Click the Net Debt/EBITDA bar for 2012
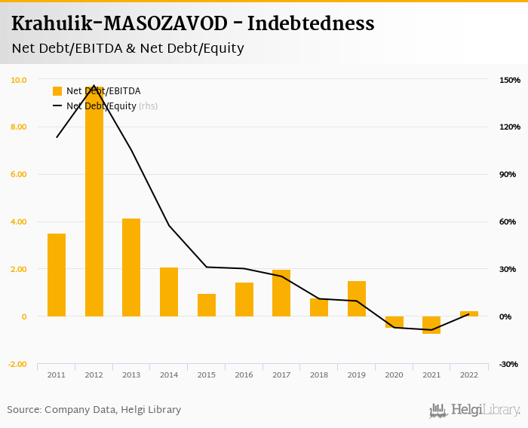[x=94, y=203]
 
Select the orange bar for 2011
[x=57, y=275]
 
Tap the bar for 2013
[x=131, y=267]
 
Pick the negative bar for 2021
[x=431, y=325]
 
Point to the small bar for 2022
[x=469, y=313]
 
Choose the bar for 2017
[x=281, y=293]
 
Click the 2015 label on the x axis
[x=207, y=374]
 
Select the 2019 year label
[x=357, y=374]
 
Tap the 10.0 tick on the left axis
[x=19, y=80]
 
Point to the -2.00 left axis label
[x=17, y=364]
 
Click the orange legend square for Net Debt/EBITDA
[x=57, y=91]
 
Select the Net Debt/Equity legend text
[x=101, y=106]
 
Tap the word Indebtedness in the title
[x=311, y=24]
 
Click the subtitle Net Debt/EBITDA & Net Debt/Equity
[x=127, y=48]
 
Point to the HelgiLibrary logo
[x=475, y=410]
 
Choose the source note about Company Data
[x=94, y=410]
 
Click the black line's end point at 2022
[x=469, y=314]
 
